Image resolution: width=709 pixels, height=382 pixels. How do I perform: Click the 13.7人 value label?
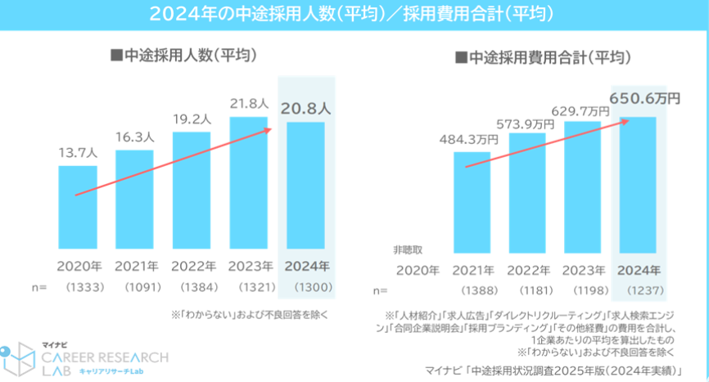coord(77,152)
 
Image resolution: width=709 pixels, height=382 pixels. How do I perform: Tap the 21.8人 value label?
coord(249,104)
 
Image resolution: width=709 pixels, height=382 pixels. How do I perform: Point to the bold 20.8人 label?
coord(307,106)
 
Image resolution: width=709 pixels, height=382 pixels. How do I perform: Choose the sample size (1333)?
coord(78,287)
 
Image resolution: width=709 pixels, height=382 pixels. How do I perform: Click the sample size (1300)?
coord(307,287)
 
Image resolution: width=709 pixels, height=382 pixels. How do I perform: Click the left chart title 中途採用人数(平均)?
coord(184,56)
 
